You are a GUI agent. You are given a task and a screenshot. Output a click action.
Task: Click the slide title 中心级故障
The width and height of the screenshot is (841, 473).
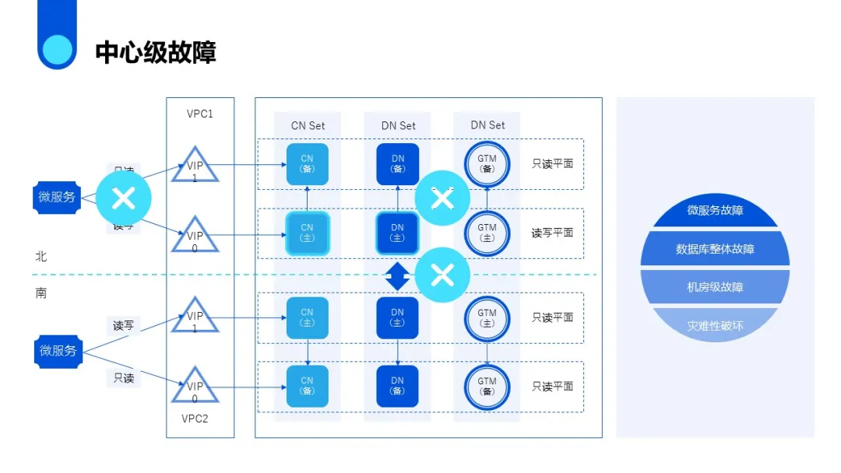point(156,52)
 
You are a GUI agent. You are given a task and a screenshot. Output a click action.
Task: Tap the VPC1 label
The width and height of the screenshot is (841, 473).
point(199,114)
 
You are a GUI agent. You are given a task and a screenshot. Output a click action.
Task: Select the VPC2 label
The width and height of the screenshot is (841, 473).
point(195,418)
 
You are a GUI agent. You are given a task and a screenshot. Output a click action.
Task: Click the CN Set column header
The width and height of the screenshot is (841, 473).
point(308,125)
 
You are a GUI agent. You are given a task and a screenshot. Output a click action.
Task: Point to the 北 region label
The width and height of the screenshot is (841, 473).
point(41,256)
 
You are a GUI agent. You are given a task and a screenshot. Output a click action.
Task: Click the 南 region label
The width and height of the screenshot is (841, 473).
point(41,293)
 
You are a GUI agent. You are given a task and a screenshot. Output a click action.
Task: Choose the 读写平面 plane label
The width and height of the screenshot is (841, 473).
point(552,233)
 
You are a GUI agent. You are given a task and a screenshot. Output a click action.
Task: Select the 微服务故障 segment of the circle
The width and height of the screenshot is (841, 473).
point(715,211)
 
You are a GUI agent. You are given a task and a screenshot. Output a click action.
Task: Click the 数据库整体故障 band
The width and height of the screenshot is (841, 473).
point(715,250)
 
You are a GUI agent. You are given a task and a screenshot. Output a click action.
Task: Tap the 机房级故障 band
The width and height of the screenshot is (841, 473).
point(715,287)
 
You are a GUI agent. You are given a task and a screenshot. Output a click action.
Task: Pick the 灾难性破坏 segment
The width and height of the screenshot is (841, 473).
point(715,325)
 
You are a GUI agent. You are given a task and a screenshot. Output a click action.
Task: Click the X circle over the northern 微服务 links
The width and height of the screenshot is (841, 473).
point(123,198)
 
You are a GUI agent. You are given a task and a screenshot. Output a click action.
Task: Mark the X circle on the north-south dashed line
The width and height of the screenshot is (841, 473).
point(442,274)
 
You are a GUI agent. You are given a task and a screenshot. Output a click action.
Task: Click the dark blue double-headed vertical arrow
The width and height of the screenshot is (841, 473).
point(397,275)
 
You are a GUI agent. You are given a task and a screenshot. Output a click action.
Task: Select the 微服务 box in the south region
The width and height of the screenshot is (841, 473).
point(58,351)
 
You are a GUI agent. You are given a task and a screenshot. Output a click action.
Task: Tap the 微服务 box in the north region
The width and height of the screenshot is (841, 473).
point(58,197)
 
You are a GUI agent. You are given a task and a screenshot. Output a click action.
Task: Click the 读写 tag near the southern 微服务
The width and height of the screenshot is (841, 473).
point(123,325)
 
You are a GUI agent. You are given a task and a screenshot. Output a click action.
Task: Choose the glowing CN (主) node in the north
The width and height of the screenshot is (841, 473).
point(308,233)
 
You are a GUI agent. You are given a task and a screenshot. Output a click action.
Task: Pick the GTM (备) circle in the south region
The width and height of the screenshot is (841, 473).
point(487,386)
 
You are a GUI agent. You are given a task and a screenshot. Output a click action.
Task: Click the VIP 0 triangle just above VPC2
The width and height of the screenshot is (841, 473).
point(195,388)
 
